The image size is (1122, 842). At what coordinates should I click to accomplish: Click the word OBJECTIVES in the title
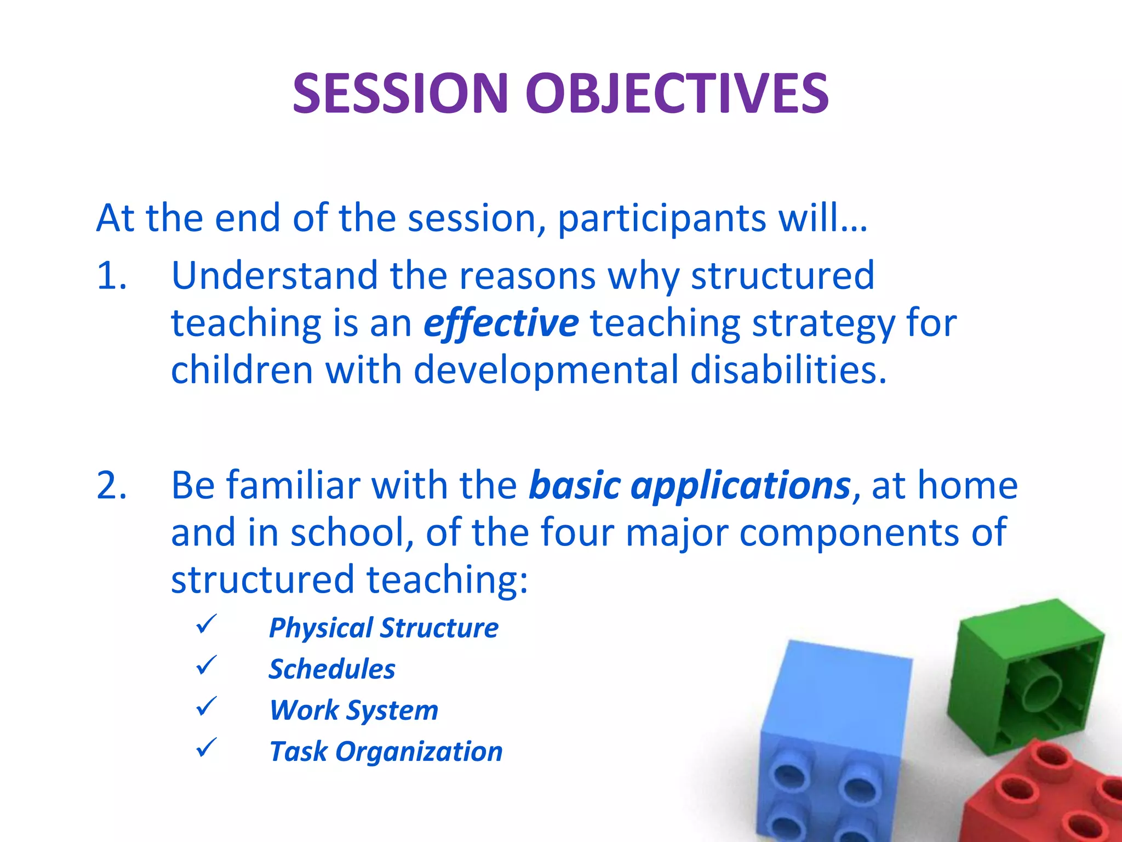[x=677, y=94]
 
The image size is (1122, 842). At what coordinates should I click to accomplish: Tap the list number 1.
[x=111, y=275]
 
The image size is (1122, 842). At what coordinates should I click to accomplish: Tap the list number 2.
[x=111, y=486]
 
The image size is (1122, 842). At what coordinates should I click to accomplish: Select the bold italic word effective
[x=501, y=323]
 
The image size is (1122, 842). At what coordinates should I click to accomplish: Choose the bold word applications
[x=741, y=486]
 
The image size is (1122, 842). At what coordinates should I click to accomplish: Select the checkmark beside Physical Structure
[x=207, y=624]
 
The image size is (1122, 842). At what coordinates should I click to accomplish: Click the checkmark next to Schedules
[x=207, y=665]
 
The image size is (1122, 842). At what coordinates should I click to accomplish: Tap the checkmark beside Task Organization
[x=207, y=748]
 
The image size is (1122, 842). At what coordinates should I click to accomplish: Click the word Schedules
[x=331, y=669]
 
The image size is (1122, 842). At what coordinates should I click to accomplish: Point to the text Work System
[x=354, y=710]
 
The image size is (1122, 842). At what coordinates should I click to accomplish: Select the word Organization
[x=419, y=752]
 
